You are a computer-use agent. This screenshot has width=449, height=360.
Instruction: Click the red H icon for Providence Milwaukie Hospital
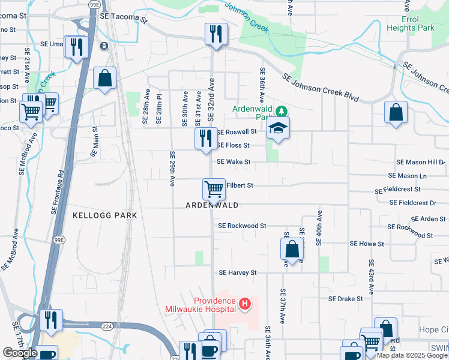pyautogui.click(x=244, y=305)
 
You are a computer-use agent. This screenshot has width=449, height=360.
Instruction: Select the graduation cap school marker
pyautogui.click(x=277, y=128)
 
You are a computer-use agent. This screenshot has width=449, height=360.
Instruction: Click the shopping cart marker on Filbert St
pyautogui.click(x=214, y=190)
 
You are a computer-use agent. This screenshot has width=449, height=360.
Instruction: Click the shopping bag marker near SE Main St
pyautogui.click(x=104, y=79)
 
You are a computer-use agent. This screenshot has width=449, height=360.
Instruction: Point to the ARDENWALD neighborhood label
pyautogui.click(x=212, y=205)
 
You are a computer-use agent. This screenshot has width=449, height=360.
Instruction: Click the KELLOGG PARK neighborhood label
pyautogui.click(x=105, y=215)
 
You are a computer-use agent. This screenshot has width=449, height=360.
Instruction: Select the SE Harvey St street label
pyautogui.click(x=238, y=272)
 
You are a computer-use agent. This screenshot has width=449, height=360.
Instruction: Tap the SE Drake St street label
pyautogui.click(x=345, y=298)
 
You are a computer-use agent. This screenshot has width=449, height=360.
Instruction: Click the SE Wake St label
pyautogui.click(x=234, y=162)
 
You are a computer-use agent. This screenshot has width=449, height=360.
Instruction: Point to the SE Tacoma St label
pyautogui.click(x=124, y=18)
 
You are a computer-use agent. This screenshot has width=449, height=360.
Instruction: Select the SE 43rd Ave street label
pyautogui.click(x=372, y=276)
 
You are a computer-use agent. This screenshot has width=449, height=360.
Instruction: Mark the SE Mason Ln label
pyautogui.click(x=408, y=176)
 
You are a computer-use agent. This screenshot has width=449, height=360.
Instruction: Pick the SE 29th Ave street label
pyautogui.click(x=172, y=168)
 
